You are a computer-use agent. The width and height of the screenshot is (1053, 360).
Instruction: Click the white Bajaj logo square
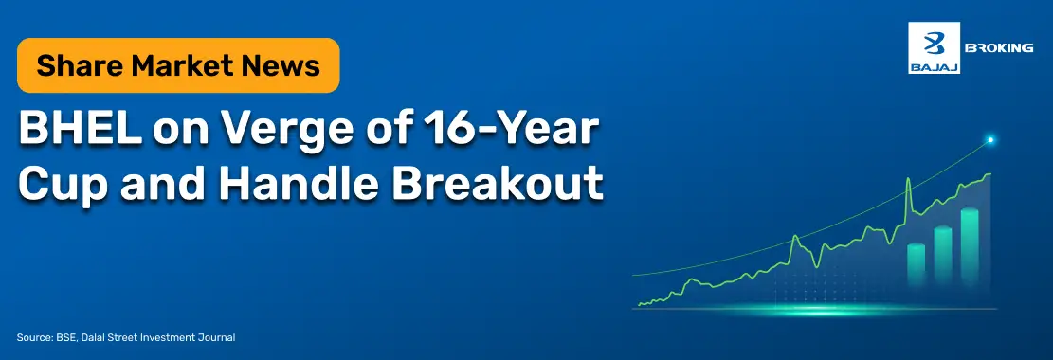(934, 47)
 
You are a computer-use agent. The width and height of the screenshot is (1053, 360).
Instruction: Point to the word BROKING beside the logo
(999, 47)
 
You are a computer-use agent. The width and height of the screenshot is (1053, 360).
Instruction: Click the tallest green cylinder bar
(969, 244)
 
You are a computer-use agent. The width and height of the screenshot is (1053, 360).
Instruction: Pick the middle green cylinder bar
(943, 254)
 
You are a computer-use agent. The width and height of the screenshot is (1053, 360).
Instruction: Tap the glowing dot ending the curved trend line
(989, 140)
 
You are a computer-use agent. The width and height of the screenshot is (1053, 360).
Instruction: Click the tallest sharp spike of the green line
(909, 179)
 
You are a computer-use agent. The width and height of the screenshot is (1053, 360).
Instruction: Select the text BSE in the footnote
(65, 338)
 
